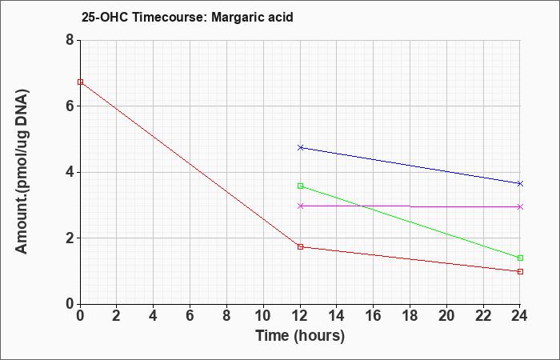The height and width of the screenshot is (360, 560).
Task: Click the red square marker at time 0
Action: click(x=80, y=82)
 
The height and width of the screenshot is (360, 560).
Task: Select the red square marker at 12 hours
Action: click(x=300, y=246)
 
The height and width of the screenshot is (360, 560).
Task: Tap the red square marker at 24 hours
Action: click(x=520, y=271)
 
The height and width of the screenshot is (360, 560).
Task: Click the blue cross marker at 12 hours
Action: click(x=300, y=147)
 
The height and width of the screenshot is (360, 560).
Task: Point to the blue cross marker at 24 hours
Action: click(x=520, y=183)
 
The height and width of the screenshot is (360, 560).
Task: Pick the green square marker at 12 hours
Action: click(x=300, y=186)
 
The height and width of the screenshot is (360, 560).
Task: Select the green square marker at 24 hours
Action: click(x=520, y=258)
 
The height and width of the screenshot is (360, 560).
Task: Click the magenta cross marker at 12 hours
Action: click(x=300, y=206)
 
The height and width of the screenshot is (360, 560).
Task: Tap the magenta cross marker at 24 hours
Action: click(x=520, y=206)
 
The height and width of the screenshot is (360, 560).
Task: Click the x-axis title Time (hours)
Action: click(x=300, y=336)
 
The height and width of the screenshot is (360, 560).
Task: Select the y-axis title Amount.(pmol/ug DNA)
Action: click(x=22, y=172)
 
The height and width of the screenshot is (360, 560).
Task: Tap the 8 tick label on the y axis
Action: click(x=70, y=40)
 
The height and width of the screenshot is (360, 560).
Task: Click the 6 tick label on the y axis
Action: click(x=70, y=106)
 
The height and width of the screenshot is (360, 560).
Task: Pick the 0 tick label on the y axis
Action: click(x=70, y=304)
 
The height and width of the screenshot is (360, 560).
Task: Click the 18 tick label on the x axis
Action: click(x=410, y=316)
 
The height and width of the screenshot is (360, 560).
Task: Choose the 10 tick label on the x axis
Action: click(x=263, y=316)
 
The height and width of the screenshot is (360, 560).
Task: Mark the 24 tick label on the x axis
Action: click(x=520, y=316)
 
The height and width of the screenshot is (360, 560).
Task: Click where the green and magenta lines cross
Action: click(x=361, y=206)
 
